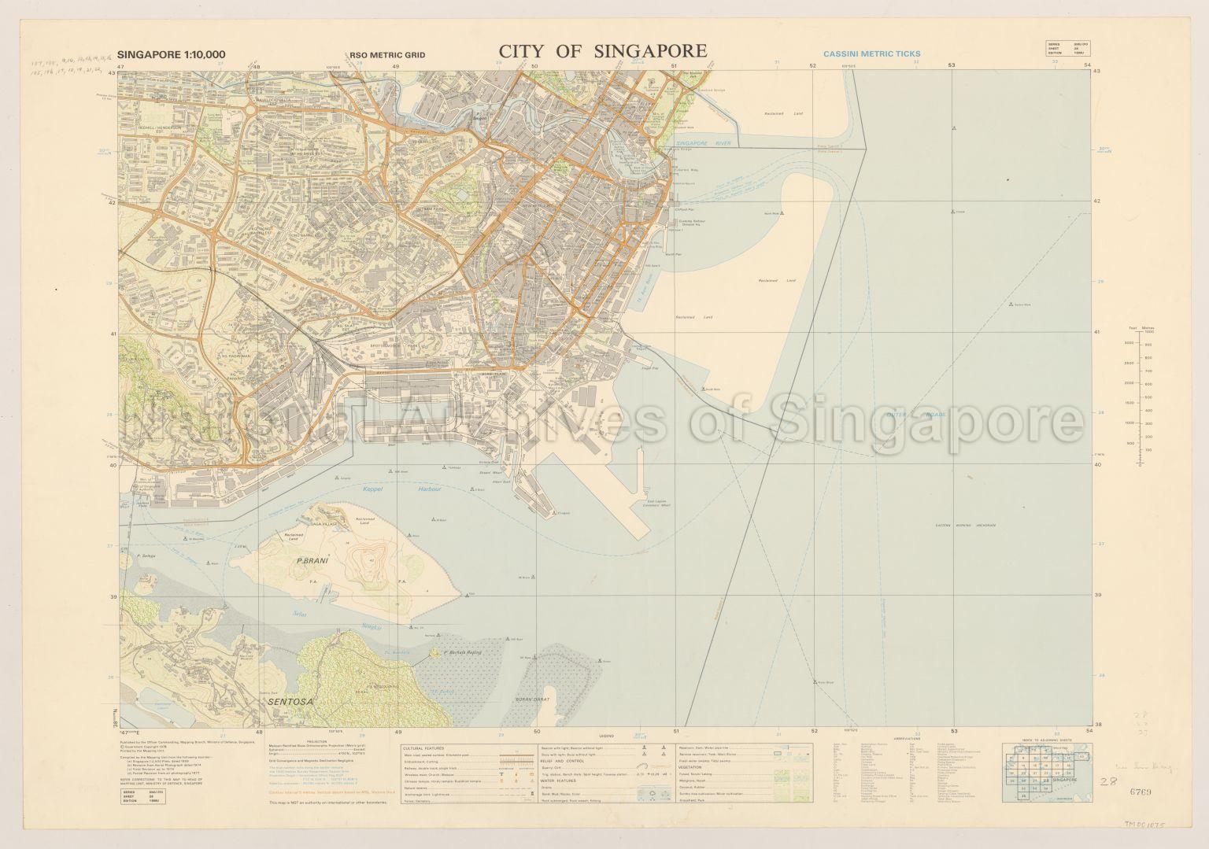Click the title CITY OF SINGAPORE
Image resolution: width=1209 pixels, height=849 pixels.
click(x=602, y=51)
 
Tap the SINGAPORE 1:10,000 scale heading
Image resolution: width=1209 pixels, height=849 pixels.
click(x=171, y=54)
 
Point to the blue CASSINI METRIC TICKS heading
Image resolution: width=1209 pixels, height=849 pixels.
click(x=871, y=54)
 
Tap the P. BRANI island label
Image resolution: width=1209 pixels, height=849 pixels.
click(x=311, y=563)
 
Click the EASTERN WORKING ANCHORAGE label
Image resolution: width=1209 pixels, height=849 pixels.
click(x=965, y=525)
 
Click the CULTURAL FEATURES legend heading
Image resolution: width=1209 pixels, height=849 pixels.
click(x=423, y=747)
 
